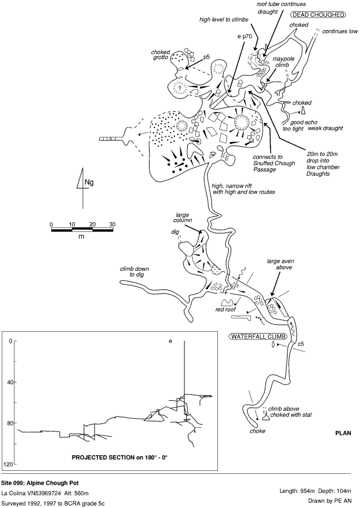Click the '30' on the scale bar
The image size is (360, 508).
111,224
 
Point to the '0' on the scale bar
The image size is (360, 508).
52,224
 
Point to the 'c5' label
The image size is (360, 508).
301,345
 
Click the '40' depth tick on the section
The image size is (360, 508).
9,382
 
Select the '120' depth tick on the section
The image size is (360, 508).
8,465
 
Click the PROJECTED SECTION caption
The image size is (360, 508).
119,457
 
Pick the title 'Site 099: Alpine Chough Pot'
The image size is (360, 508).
41,482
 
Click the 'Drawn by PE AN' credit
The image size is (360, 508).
333,501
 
